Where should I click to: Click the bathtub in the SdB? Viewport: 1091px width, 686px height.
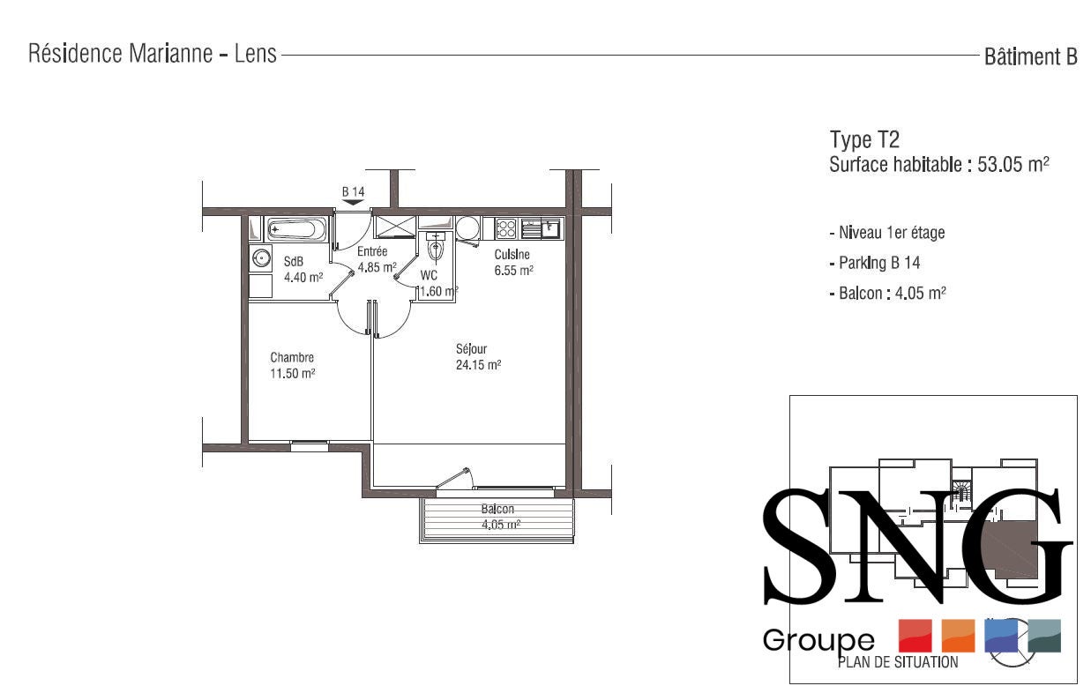tap(297, 229)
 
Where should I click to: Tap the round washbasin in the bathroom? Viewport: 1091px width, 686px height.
tap(261, 257)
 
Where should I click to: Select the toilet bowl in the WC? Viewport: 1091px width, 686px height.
tap(435, 248)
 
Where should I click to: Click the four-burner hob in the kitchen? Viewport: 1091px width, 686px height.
tap(505, 228)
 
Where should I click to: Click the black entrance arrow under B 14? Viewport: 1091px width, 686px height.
tap(353, 202)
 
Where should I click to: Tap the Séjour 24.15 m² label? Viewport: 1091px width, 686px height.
tap(478, 357)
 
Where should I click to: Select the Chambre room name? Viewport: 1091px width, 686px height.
tap(292, 357)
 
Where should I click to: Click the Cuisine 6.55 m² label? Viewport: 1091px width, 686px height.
tap(513, 263)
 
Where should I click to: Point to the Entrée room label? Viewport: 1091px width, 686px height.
tap(372, 251)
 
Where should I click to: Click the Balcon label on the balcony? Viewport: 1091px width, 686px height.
tap(497, 510)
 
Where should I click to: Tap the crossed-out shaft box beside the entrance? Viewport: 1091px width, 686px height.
tap(395, 227)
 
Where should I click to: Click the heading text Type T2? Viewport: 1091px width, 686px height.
tap(864, 140)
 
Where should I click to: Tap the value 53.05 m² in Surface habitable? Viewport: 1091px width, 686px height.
tap(1013, 165)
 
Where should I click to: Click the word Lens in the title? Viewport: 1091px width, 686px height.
tap(255, 54)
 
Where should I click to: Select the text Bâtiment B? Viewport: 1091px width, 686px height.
tap(1030, 57)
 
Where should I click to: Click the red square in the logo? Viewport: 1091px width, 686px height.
tap(915, 636)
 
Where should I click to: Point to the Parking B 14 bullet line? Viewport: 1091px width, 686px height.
tap(875, 264)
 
